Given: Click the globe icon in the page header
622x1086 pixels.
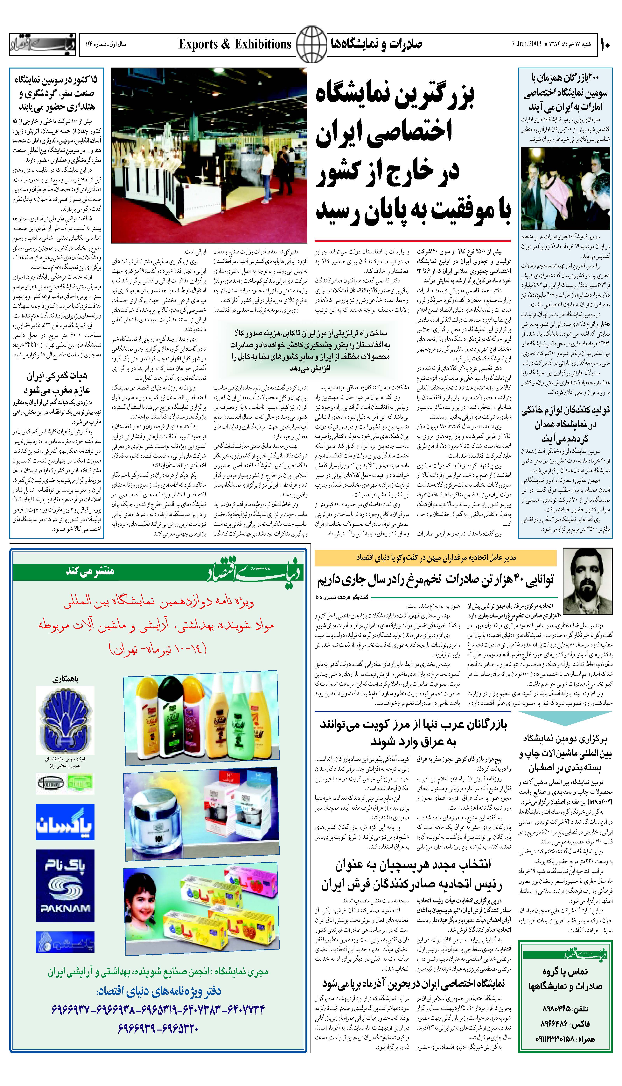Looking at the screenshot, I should [311, 44].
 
